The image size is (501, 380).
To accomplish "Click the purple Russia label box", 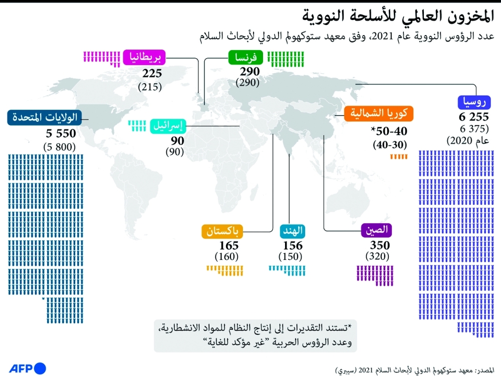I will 473,104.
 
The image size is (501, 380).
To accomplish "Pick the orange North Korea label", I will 379,113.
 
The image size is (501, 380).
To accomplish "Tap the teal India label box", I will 293,232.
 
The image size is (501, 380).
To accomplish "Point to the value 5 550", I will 61,134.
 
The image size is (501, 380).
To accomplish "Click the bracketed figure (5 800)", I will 60,147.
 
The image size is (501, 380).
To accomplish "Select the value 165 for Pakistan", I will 229,246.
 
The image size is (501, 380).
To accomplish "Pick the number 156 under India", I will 293,246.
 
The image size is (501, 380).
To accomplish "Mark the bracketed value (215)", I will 150,86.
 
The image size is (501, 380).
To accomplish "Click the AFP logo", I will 27,368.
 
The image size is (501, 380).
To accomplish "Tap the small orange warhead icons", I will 399,157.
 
